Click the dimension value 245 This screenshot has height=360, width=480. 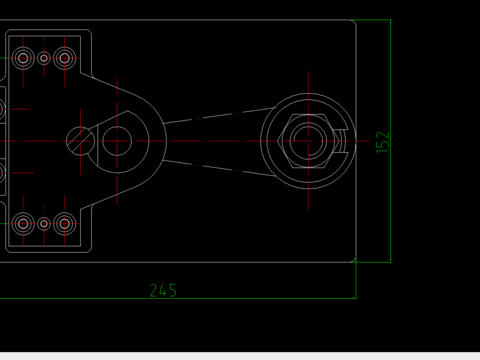[x=163, y=290]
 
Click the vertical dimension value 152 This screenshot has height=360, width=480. [x=383, y=142]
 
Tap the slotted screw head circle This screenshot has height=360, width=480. [x=80, y=141]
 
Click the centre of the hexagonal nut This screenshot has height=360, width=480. [x=308, y=141]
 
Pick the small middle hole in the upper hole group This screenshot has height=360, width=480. [x=44, y=58]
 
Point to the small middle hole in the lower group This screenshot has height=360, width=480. [x=44, y=224]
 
